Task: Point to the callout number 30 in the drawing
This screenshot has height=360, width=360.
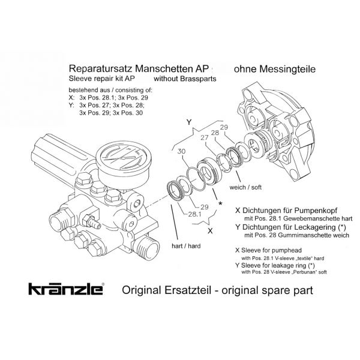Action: [182, 154]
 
